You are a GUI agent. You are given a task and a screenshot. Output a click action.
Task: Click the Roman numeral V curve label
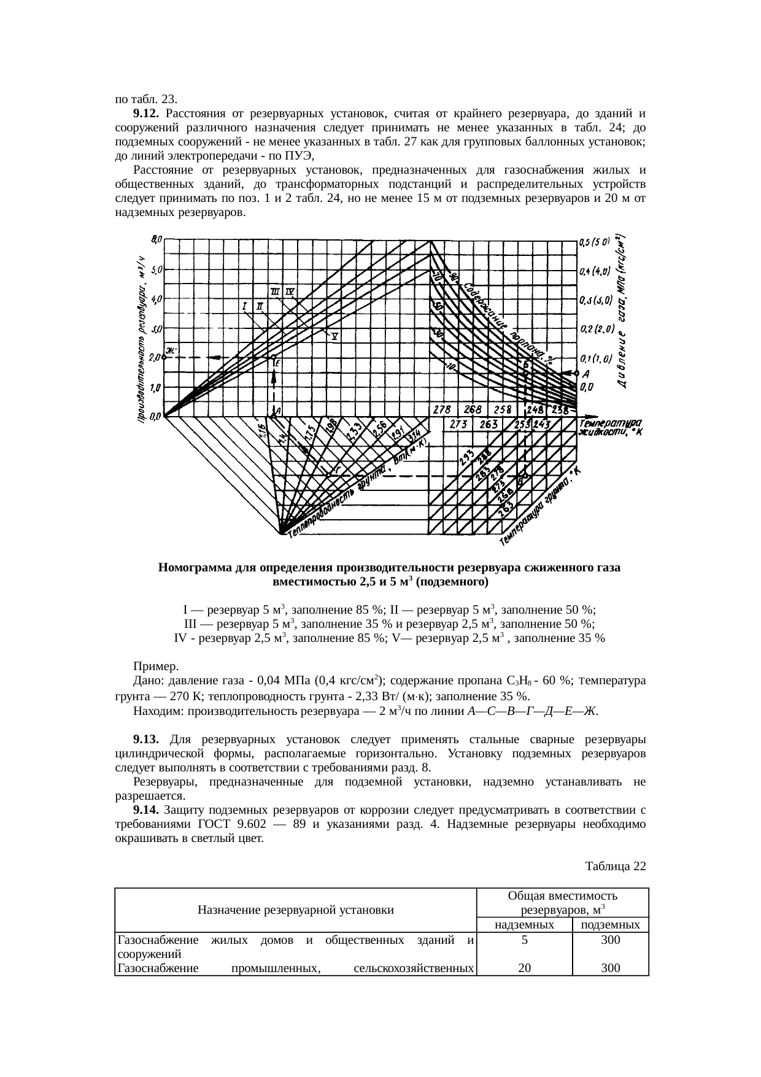point(336,336)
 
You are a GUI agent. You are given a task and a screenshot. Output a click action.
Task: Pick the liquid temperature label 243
point(541,423)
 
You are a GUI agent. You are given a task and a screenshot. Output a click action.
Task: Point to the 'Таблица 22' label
point(616,867)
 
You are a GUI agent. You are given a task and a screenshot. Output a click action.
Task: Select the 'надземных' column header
point(524,925)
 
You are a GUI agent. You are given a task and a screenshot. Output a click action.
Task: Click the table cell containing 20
point(524,968)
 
